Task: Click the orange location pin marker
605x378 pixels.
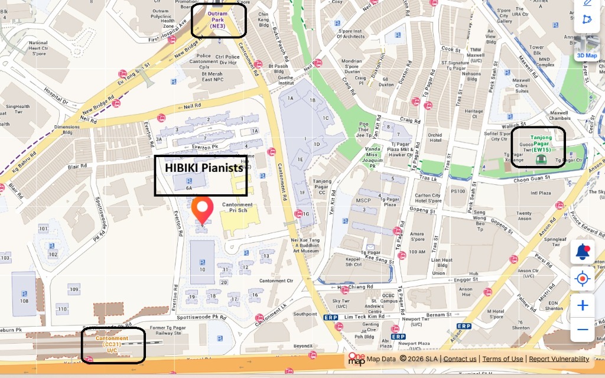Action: pos(203,208)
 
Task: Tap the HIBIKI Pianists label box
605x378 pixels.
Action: pos(201,175)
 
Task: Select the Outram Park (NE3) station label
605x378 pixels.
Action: pos(219,21)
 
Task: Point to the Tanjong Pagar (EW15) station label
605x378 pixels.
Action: pos(538,147)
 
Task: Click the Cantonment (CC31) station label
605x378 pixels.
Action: pos(112,345)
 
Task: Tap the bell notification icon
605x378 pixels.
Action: pos(583,252)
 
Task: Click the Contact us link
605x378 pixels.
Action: pos(460,359)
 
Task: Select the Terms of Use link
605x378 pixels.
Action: pos(502,359)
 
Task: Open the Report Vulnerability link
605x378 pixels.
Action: pos(559,359)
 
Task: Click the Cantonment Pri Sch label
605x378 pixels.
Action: pos(238,208)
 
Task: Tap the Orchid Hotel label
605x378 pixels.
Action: pos(435,137)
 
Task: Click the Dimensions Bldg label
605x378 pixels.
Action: pos(67,129)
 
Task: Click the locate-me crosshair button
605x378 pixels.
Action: pos(583,278)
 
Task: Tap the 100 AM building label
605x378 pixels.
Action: pos(417,252)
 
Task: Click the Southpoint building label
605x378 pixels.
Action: pos(305,314)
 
